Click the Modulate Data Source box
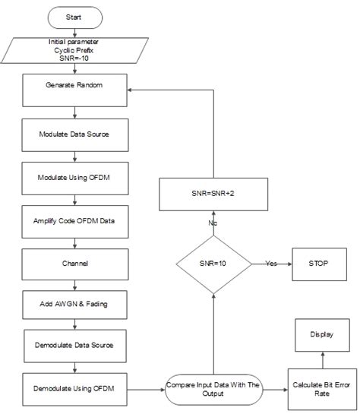[x=74, y=134]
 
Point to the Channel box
[x=74, y=264]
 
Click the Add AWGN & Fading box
[x=74, y=304]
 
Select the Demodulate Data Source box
[x=74, y=344]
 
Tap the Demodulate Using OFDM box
[x=74, y=389]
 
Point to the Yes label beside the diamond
[x=271, y=264]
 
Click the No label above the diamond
[x=213, y=223]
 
